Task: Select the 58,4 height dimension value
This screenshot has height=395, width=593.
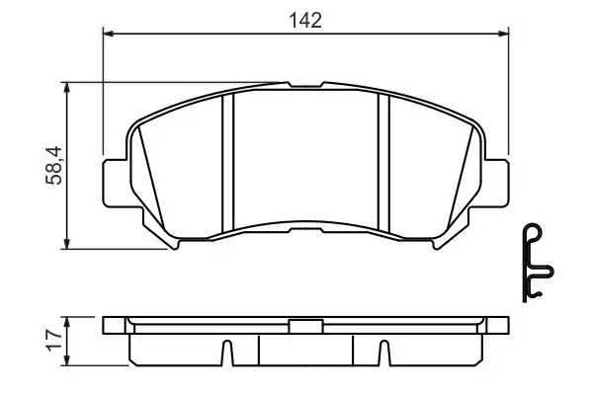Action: [56, 165]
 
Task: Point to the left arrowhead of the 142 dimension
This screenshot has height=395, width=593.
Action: [109, 35]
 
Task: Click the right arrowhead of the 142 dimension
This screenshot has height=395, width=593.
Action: [505, 35]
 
